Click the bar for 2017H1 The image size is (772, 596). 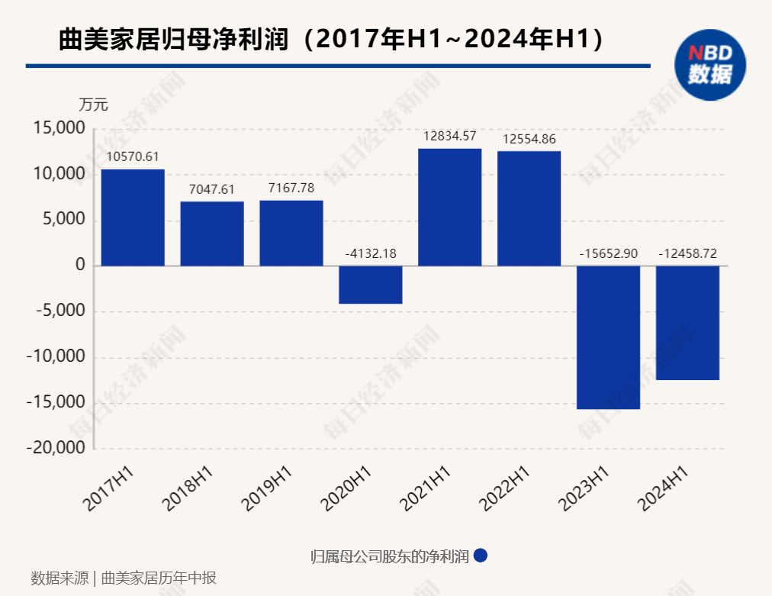(x=133, y=217)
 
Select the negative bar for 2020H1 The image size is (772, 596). (x=371, y=285)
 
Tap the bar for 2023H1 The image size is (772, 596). (x=608, y=337)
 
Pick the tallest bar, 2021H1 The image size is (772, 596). (x=450, y=207)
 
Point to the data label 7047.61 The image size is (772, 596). (x=212, y=190)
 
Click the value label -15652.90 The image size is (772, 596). (x=608, y=253)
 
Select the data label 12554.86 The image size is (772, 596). (x=529, y=139)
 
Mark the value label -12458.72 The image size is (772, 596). (x=688, y=253)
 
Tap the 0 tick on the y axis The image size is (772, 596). (x=79, y=266)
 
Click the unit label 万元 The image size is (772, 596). (x=94, y=105)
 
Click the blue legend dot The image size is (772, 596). (x=481, y=556)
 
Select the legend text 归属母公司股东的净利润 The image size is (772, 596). (x=390, y=556)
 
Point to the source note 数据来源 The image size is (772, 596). (x=60, y=578)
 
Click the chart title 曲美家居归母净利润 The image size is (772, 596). (x=175, y=40)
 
